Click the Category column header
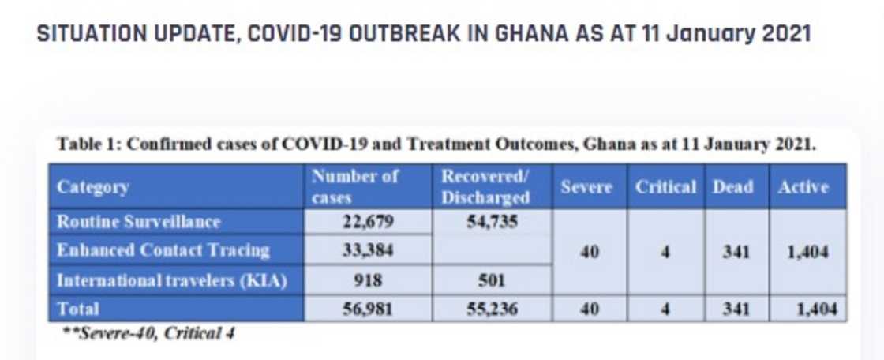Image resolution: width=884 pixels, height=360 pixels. pyautogui.click(x=93, y=187)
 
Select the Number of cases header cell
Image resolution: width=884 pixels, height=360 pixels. pyautogui.click(x=355, y=187)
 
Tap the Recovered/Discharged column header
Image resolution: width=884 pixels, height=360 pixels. pyautogui.click(x=485, y=187)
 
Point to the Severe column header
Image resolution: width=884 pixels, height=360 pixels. pyautogui.click(x=586, y=187)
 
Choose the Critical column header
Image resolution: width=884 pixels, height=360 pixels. pyautogui.click(x=665, y=187)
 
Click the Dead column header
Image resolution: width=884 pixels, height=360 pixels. pyautogui.click(x=732, y=187)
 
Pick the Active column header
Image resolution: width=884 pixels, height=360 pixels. pyautogui.click(x=803, y=187)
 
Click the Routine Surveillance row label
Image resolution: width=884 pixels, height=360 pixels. pyautogui.click(x=138, y=222)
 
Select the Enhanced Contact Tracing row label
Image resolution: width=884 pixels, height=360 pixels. pyautogui.click(x=163, y=251)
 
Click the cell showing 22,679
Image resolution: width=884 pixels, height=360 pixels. pyautogui.click(x=367, y=222)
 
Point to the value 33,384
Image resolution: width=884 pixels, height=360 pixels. pyautogui.click(x=367, y=251)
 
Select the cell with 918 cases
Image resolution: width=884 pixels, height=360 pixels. pyautogui.click(x=367, y=280)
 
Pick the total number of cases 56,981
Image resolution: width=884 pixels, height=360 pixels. pyautogui.click(x=367, y=309)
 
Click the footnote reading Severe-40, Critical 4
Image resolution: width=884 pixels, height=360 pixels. pyautogui.click(x=149, y=333)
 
